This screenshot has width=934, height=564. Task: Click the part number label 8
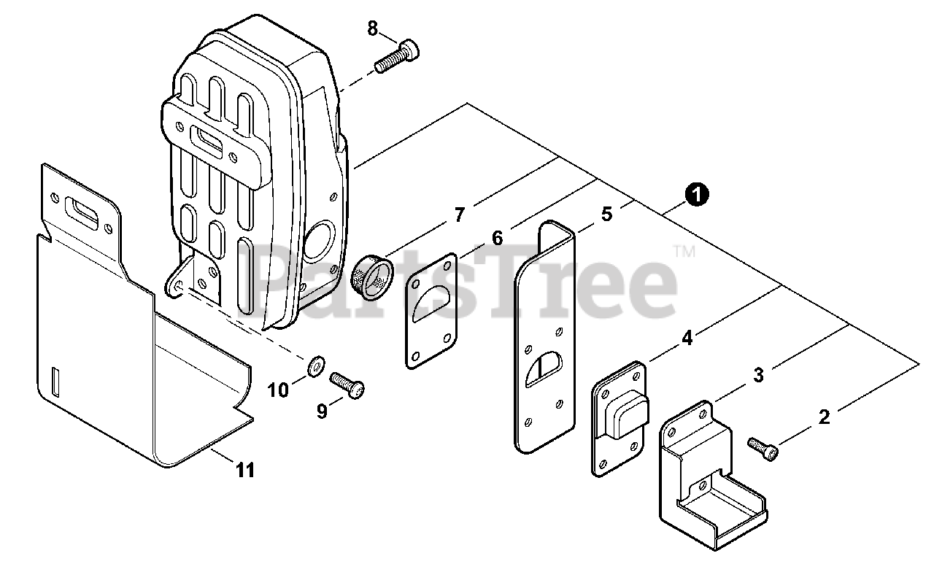point(373,29)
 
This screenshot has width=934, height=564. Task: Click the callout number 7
point(459,215)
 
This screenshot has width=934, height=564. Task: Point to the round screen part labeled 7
point(373,279)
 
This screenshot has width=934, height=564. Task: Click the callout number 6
point(498,238)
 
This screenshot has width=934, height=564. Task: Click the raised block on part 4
point(630,413)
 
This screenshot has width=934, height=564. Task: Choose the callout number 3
point(759,375)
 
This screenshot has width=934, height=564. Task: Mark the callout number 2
point(824,417)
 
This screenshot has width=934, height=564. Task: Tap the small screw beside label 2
point(763,447)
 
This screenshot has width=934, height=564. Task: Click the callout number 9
point(322,412)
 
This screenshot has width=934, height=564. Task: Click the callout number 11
point(246,471)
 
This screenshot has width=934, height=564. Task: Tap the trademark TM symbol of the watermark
point(684,252)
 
